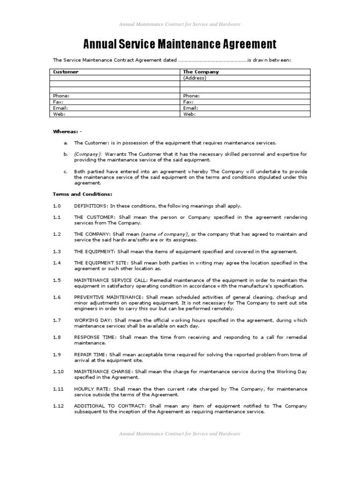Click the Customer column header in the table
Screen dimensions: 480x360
click(x=66, y=72)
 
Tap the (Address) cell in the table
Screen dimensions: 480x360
click(x=195, y=78)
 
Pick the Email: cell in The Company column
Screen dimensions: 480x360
click(x=189, y=108)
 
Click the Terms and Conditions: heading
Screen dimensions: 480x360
click(x=82, y=194)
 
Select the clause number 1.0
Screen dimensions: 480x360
click(x=57, y=206)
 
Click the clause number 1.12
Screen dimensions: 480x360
click(x=58, y=406)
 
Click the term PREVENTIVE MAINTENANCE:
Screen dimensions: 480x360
click(x=109, y=297)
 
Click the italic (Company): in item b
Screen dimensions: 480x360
click(x=88, y=154)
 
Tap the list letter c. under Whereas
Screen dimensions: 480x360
click(x=66, y=172)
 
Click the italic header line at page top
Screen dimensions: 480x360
click(x=180, y=24)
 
